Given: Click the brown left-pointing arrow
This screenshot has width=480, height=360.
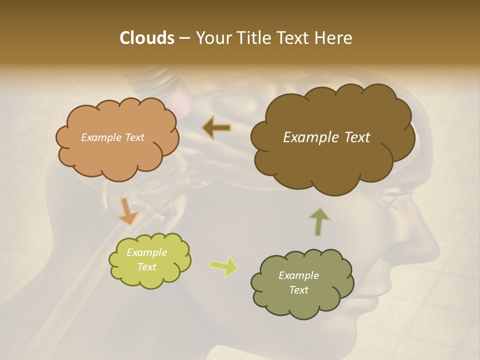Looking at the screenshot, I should click(x=216, y=127).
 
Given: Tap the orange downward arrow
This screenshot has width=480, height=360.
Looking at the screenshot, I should click(x=127, y=212).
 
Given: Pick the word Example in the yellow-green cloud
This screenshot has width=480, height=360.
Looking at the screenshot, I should click(x=146, y=252).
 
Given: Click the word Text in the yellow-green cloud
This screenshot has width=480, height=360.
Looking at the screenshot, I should click(x=146, y=267).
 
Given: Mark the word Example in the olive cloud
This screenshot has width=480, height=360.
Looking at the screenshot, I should click(x=298, y=275).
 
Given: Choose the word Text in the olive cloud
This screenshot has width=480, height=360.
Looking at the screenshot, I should click(x=298, y=290).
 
